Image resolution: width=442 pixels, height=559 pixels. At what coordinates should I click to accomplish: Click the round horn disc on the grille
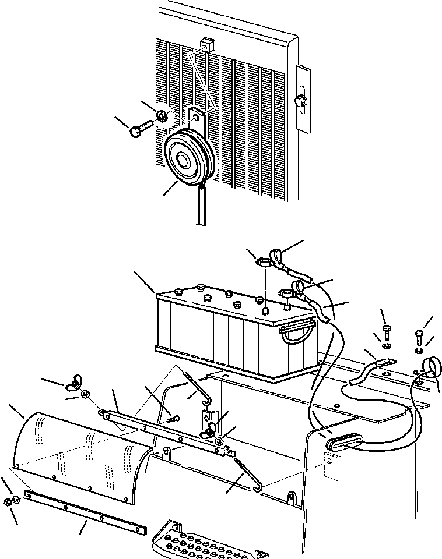(x=185, y=157)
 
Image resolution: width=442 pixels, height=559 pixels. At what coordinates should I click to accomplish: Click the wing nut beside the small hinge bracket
(x=208, y=431)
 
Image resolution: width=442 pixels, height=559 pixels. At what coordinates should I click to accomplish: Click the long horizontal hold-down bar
(x=163, y=431)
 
